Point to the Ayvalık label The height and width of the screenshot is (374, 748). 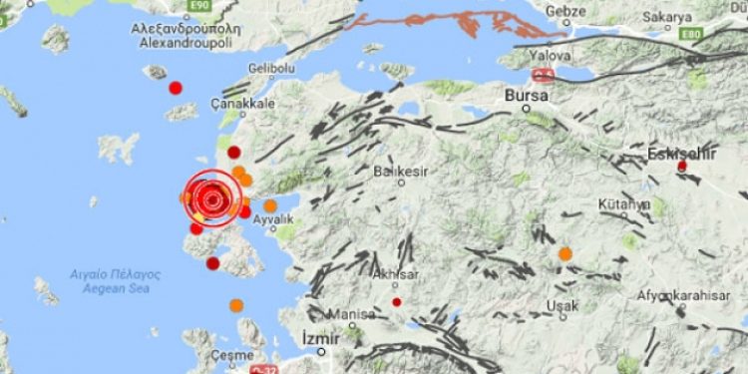tap(272, 218)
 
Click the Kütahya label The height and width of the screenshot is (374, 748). tap(624, 203)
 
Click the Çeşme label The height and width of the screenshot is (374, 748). tap(232, 356)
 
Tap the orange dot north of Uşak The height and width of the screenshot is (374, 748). tap(565, 254)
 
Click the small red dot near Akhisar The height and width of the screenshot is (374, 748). tap(397, 301)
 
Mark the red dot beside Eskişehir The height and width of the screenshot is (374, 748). tap(682, 166)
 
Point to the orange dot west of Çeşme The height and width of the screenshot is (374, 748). tap(236, 305)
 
